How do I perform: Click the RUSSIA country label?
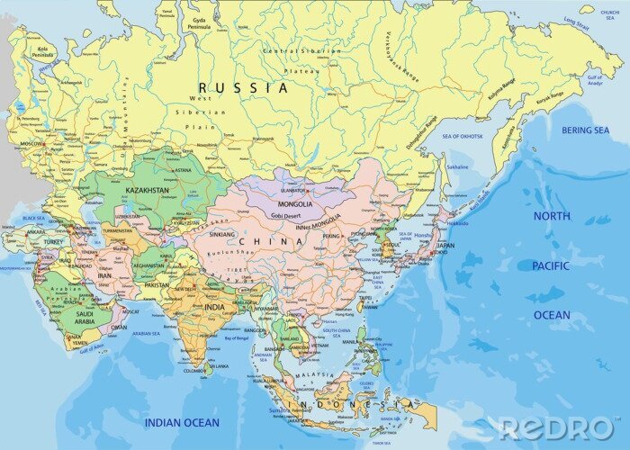(245, 88)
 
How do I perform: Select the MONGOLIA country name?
(295, 204)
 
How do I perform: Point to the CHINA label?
(271, 241)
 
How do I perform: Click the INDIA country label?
(214, 307)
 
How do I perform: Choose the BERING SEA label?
(585, 130)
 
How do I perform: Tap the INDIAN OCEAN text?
(183, 422)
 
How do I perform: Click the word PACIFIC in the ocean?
(550, 265)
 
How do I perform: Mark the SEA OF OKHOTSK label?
(463, 136)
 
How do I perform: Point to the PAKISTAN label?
(156, 284)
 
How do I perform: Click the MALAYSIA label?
(319, 373)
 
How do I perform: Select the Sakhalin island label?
(458, 166)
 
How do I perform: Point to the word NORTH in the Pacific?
(551, 216)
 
